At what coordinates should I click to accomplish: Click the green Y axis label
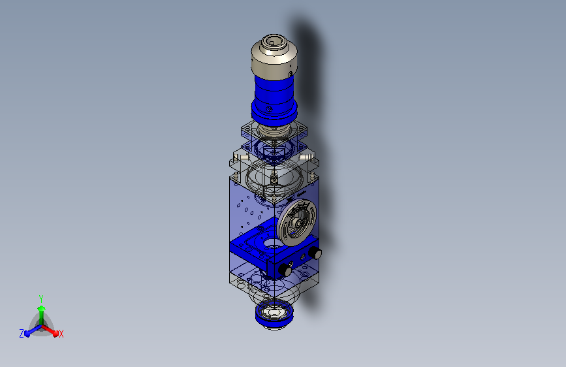point(41,298)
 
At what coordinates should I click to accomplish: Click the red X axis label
point(61,334)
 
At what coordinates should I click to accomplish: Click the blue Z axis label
point(22,334)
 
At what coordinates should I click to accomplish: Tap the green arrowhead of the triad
point(42,308)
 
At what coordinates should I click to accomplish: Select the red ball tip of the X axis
point(55,333)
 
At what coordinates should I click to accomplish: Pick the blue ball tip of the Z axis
point(27,333)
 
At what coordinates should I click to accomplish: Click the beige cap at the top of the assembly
point(274,58)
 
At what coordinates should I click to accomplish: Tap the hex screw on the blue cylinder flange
point(269,108)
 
